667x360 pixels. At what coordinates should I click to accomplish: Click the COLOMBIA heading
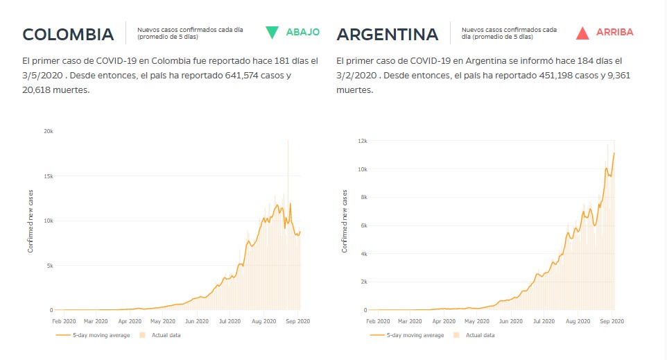click(68, 34)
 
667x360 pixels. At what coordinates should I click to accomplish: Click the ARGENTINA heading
click(387, 34)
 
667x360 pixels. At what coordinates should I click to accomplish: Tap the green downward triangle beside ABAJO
click(272, 32)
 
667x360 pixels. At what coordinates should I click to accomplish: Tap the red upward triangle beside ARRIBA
click(582, 32)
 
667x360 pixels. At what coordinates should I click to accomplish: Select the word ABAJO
click(302, 32)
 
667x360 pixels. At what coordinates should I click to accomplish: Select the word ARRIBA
click(614, 32)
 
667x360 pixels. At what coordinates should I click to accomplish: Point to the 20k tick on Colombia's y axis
click(48, 131)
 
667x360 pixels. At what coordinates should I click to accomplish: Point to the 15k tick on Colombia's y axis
click(48, 176)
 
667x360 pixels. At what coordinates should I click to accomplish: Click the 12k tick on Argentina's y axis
click(362, 141)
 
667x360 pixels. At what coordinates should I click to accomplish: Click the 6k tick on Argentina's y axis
click(363, 225)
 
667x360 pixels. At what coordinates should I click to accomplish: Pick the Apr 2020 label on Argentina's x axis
click(444, 321)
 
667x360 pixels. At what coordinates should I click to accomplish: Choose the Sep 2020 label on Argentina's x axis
click(611, 321)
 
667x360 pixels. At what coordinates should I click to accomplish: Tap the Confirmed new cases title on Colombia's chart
click(31, 220)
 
